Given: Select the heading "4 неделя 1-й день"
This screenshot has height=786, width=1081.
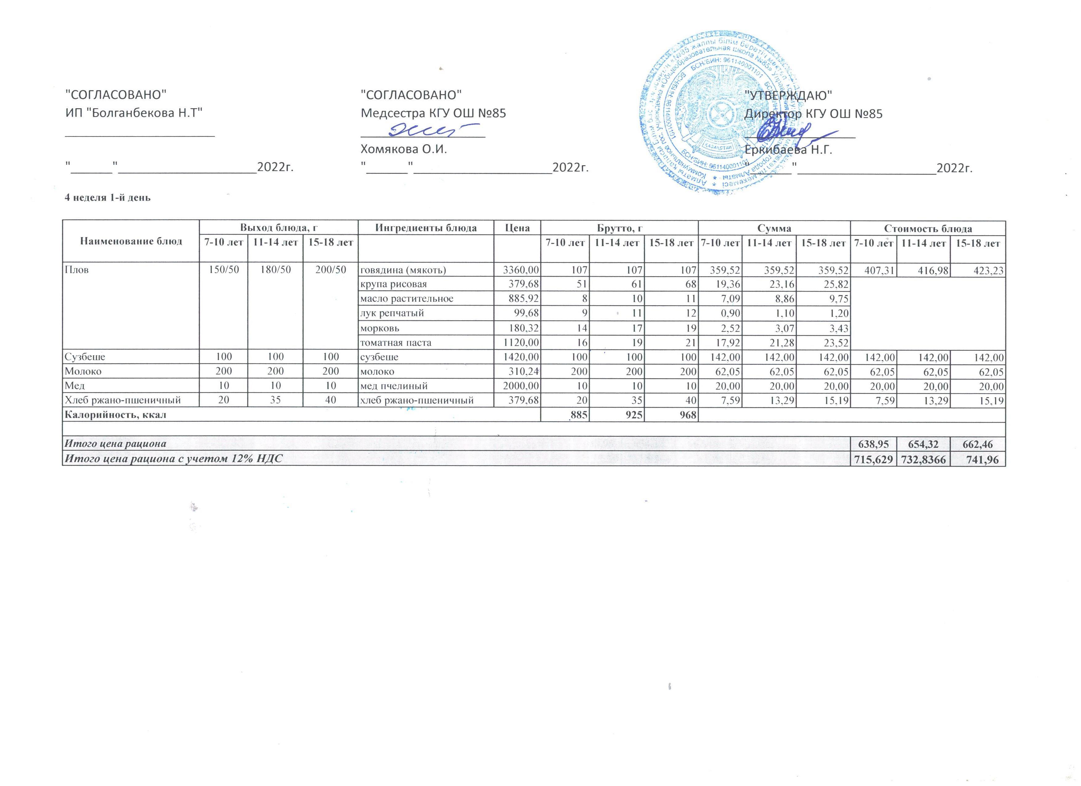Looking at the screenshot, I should tap(108, 197).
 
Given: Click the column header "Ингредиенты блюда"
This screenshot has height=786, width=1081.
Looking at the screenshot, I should tap(426, 228).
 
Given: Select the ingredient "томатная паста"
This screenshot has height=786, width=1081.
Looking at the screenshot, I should tap(395, 342).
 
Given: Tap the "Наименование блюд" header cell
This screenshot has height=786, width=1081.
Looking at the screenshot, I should tap(131, 241).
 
